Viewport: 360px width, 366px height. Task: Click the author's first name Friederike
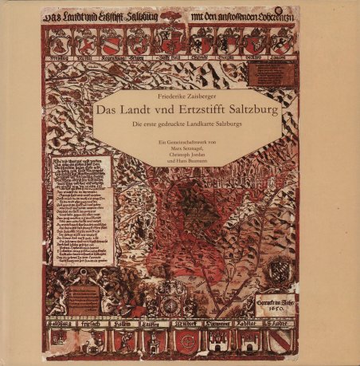[x=171, y=96]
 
